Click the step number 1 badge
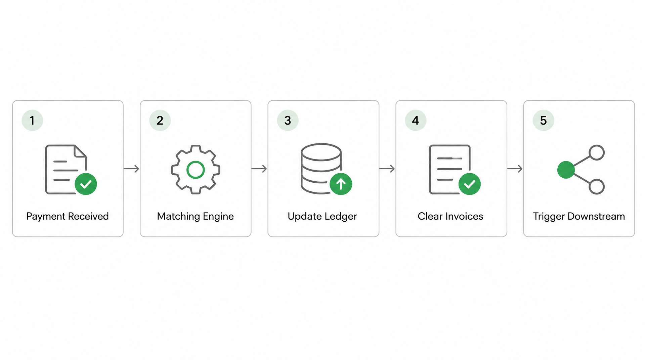[x=32, y=120]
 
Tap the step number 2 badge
[x=160, y=120]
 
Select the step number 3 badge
[x=288, y=120]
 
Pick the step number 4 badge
[x=416, y=120]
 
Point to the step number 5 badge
[x=544, y=120]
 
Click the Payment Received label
[x=68, y=217]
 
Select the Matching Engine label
[x=196, y=217]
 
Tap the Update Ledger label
[x=322, y=217]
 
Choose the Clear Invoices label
[x=450, y=216]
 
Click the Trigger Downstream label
[x=579, y=217]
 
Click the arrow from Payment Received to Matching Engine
[x=131, y=169]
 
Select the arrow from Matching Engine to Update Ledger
[x=259, y=169]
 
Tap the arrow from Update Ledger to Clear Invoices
[x=387, y=169]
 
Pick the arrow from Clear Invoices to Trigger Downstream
[x=515, y=169]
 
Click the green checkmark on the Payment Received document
[x=86, y=184]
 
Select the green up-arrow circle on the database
[x=341, y=184]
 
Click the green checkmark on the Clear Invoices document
[x=470, y=184]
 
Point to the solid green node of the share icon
[x=566, y=170]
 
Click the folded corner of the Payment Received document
[x=80, y=151]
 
